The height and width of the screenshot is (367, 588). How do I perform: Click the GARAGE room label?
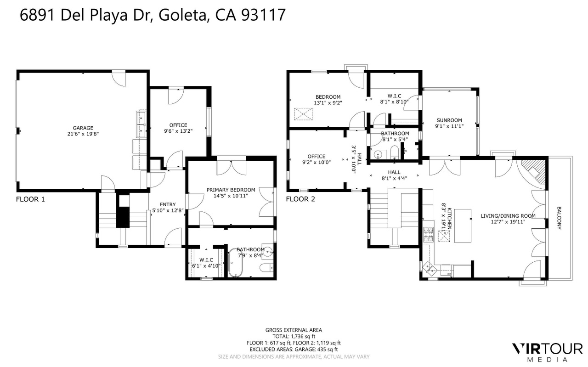click(83, 128)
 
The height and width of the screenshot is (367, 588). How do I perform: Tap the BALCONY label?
click(559, 218)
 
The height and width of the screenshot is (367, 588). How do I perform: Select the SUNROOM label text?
click(449, 120)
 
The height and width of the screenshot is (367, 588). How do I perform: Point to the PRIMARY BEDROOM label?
click(231, 190)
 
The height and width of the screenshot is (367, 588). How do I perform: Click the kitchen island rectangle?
click(463, 226)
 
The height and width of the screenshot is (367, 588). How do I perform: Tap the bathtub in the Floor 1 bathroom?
click(235, 263)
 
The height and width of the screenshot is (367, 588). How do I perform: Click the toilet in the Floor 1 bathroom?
click(267, 268)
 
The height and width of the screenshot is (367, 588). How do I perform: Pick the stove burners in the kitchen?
click(429, 234)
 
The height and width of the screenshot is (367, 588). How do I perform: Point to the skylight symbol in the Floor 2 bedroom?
click(303, 114)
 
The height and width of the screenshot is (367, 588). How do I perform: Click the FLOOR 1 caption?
click(30, 199)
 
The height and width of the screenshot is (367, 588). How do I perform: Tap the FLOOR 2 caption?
click(300, 199)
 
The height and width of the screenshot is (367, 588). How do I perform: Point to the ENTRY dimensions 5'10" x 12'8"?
click(168, 210)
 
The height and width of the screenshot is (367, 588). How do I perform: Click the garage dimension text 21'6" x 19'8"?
click(83, 134)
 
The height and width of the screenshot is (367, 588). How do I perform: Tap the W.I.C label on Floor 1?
click(206, 260)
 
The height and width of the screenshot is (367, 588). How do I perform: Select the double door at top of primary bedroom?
click(231, 168)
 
